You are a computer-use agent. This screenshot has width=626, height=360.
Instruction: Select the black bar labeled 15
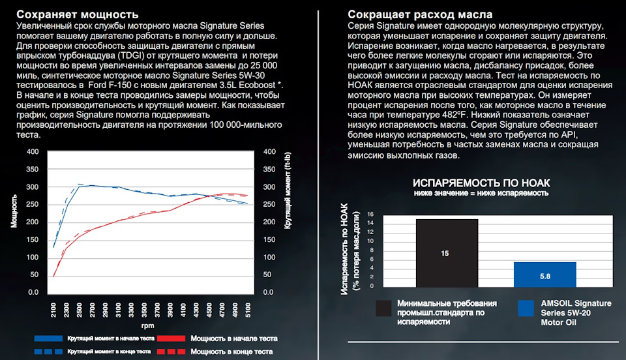(447, 253)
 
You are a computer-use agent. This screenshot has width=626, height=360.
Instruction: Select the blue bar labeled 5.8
(545, 275)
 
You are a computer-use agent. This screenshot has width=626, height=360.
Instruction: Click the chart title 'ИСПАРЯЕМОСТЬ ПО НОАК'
(483, 183)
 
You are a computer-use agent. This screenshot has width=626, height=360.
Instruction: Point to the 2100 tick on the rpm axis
(54, 307)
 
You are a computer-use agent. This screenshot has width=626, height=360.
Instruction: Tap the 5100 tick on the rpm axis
(246, 307)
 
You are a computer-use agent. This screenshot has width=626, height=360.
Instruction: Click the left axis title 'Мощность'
(14, 211)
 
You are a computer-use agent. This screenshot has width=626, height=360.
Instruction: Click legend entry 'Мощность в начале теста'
(233, 338)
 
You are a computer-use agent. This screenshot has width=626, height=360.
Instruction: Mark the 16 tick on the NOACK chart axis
(370, 214)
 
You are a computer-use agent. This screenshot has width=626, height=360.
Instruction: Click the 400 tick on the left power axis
(33, 152)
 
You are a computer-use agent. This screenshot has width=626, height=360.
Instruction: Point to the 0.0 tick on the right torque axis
(267, 293)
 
